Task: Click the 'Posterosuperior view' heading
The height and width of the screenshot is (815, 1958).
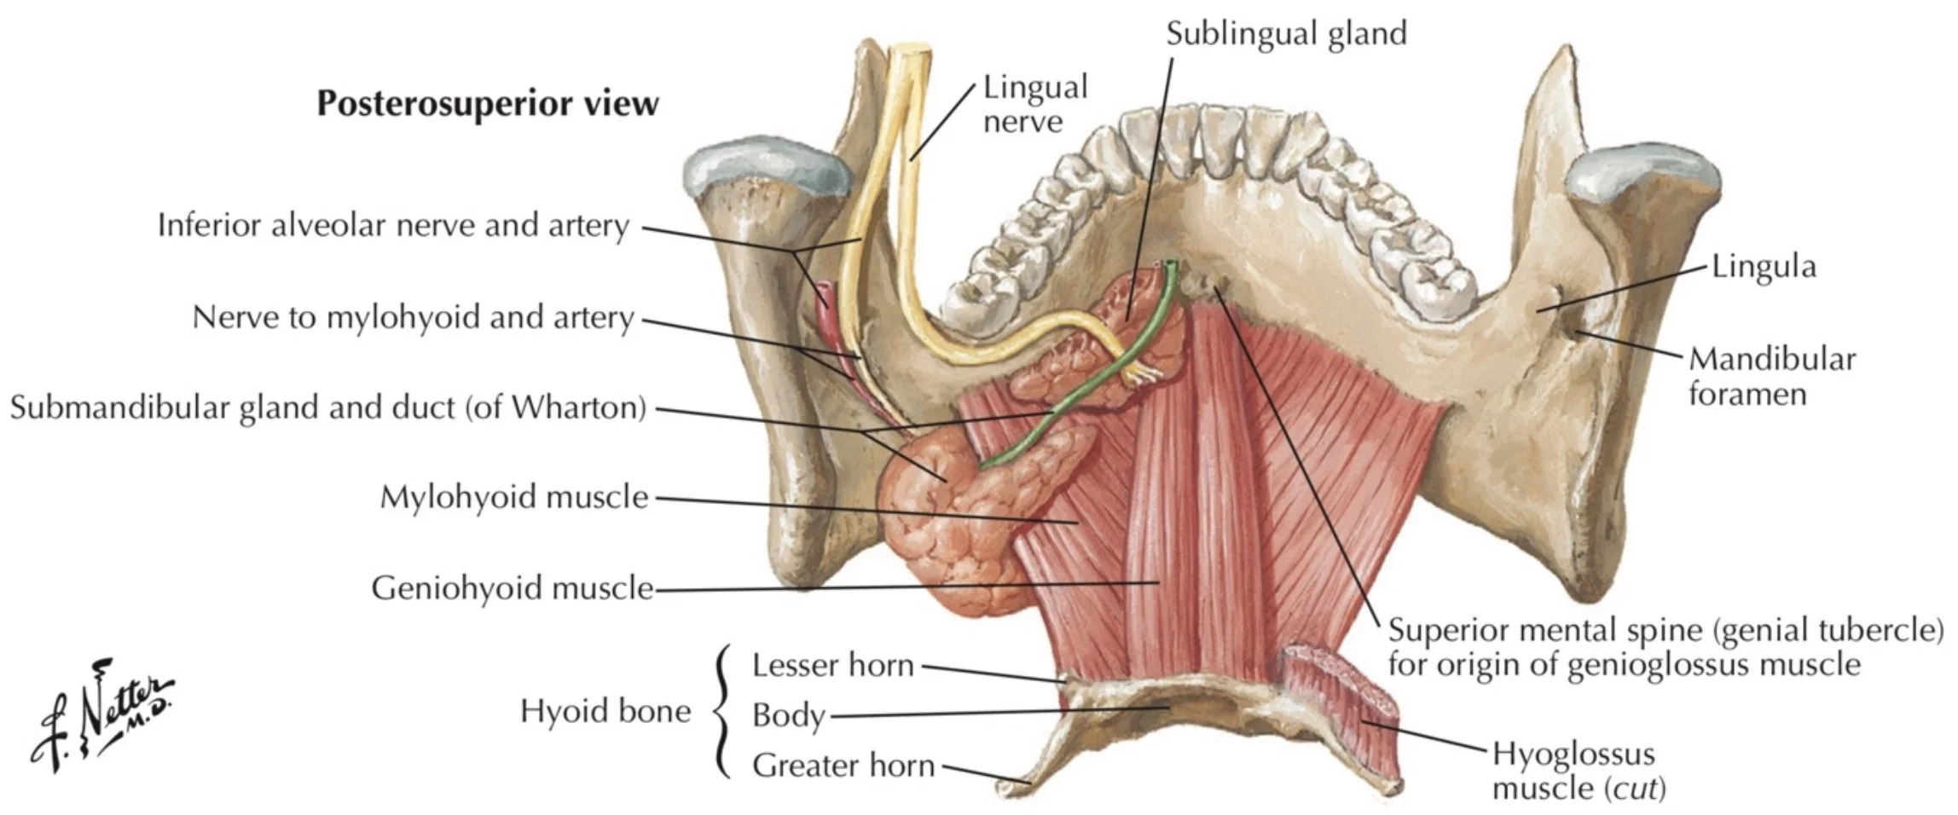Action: (487, 103)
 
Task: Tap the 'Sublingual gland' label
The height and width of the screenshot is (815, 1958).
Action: (1285, 33)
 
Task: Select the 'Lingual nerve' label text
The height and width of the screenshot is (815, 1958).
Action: (1034, 103)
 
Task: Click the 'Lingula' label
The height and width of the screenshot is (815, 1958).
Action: (1763, 267)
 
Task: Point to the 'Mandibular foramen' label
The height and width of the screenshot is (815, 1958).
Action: (1771, 376)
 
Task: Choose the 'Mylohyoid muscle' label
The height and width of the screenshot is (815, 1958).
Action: (513, 496)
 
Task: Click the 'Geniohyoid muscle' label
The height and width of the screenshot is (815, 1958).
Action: (512, 587)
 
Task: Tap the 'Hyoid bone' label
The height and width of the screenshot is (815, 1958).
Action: (605, 711)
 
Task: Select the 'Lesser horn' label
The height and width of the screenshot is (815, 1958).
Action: (831, 665)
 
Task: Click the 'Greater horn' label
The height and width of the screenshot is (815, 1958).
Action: (843, 765)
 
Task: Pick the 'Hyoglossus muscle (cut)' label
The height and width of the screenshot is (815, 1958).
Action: (1577, 771)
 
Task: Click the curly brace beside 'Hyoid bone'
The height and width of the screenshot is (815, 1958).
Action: (723, 712)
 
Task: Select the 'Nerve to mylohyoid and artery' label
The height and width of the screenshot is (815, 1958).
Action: (413, 317)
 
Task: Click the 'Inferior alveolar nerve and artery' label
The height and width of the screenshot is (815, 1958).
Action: (393, 225)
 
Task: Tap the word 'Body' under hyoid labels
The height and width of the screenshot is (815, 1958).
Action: (788, 715)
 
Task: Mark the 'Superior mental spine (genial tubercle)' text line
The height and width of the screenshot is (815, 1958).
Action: (1665, 630)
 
